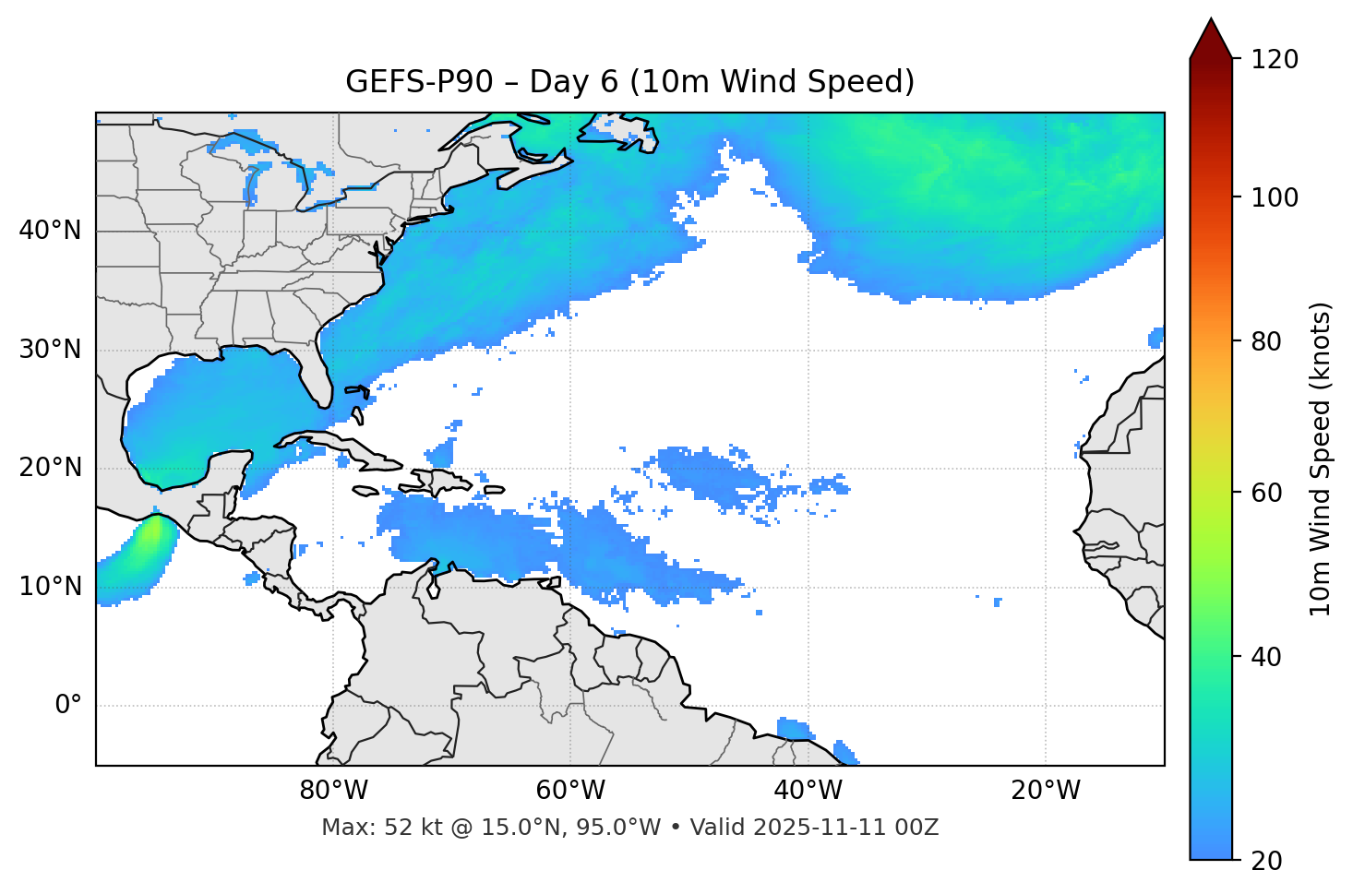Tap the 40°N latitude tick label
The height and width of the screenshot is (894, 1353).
(x=50, y=231)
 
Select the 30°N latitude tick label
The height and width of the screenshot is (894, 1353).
(x=50, y=350)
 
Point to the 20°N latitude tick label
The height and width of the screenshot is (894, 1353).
(x=50, y=468)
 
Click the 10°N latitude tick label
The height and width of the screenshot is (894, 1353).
(x=50, y=587)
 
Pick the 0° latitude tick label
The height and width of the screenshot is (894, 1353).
(x=68, y=706)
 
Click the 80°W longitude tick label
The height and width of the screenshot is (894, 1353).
(x=333, y=791)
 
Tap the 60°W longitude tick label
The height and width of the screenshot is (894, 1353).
(x=570, y=791)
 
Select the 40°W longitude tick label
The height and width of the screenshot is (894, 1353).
(x=808, y=791)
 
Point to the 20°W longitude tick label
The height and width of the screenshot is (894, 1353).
(x=1045, y=791)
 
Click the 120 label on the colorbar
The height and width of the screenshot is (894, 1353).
(x=1275, y=60)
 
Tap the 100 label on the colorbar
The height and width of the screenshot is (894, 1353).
(x=1275, y=197)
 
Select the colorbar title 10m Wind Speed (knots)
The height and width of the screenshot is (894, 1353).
(x=1321, y=459)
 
